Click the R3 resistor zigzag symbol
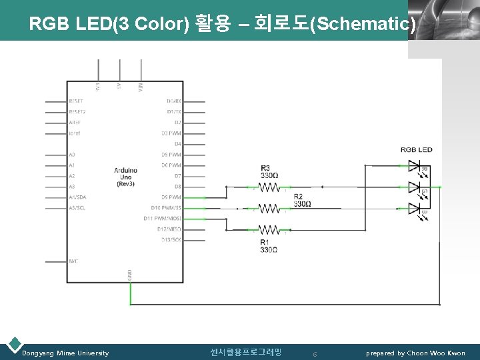pyautogui.click(x=269, y=187)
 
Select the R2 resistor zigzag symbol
pyautogui.click(x=269, y=209)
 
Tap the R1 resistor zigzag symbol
pyautogui.click(x=269, y=230)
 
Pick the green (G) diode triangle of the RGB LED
pyautogui.click(x=413, y=187)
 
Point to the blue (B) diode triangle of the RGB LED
pyautogui.click(x=413, y=209)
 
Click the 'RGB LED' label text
pyautogui.click(x=416, y=149)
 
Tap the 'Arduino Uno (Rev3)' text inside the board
pyautogui.click(x=125, y=177)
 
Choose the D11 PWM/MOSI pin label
pyautogui.click(x=162, y=219)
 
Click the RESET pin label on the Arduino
pyautogui.click(x=77, y=101)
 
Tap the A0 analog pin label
pyautogui.click(x=72, y=155)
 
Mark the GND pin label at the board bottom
pyautogui.click(x=130, y=274)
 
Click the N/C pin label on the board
pyautogui.click(x=73, y=261)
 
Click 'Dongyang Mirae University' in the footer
pyautogui.click(x=65, y=353)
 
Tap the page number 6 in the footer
pyautogui.click(x=314, y=353)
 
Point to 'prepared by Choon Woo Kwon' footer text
pyautogui.click(x=415, y=353)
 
